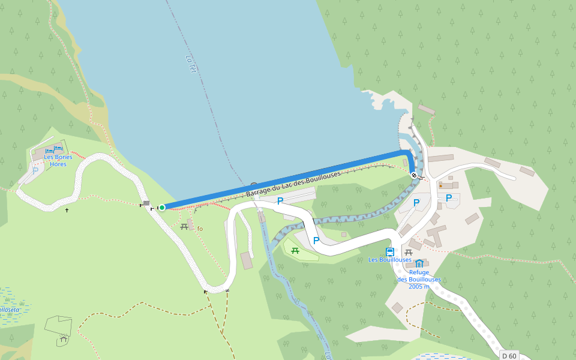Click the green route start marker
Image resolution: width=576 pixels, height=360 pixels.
pyautogui.click(x=162, y=208)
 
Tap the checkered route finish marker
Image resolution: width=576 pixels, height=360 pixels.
pyautogui.click(x=414, y=175)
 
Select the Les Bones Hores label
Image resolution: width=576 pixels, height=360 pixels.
pyautogui.click(x=58, y=160)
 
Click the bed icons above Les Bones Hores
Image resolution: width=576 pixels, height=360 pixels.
pyautogui.click(x=54, y=149)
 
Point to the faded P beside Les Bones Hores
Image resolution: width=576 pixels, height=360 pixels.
pyautogui.click(x=35, y=170)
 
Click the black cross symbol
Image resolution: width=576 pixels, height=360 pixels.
pyautogui.click(x=67, y=210)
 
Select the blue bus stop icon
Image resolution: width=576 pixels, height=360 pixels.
pyautogui.click(x=390, y=252)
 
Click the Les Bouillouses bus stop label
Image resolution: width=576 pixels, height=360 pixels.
pyautogui.click(x=390, y=260)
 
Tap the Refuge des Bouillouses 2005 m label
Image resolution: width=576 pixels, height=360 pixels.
pyautogui.click(x=419, y=279)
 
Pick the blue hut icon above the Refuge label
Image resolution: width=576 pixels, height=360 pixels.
pyautogui.click(x=419, y=263)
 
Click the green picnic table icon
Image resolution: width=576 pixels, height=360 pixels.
pyautogui.click(x=295, y=250)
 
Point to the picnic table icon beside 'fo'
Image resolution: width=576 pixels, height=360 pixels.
pyautogui.click(x=184, y=226)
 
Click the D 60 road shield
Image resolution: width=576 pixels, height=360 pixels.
pyautogui.click(x=508, y=356)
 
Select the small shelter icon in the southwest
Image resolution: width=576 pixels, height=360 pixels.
pyautogui.click(x=63, y=340)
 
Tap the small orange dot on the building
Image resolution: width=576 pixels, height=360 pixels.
pyautogui.click(x=440, y=186)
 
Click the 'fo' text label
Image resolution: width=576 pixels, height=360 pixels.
pyautogui.click(x=200, y=229)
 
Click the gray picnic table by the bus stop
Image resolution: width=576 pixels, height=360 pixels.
pyautogui.click(x=409, y=252)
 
